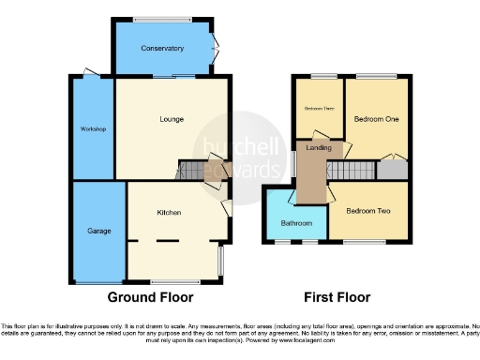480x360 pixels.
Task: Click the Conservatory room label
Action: pyautogui.click(x=162, y=48)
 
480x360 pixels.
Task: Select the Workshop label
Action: pyautogui.click(x=91, y=128)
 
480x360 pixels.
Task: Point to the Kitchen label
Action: pyautogui.click(x=169, y=214)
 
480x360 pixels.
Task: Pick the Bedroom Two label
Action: pyautogui.click(x=367, y=211)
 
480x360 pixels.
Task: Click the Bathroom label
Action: pyautogui.click(x=296, y=223)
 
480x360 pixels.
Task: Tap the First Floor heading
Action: pyautogui.click(x=337, y=297)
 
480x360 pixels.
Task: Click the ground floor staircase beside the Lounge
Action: pyautogui.click(x=192, y=172)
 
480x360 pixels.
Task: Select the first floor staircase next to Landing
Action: pyautogui.click(x=355, y=172)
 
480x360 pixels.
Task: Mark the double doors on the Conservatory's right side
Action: pyautogui.click(x=216, y=44)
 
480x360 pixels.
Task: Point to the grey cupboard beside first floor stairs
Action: pyautogui.click(x=393, y=171)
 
